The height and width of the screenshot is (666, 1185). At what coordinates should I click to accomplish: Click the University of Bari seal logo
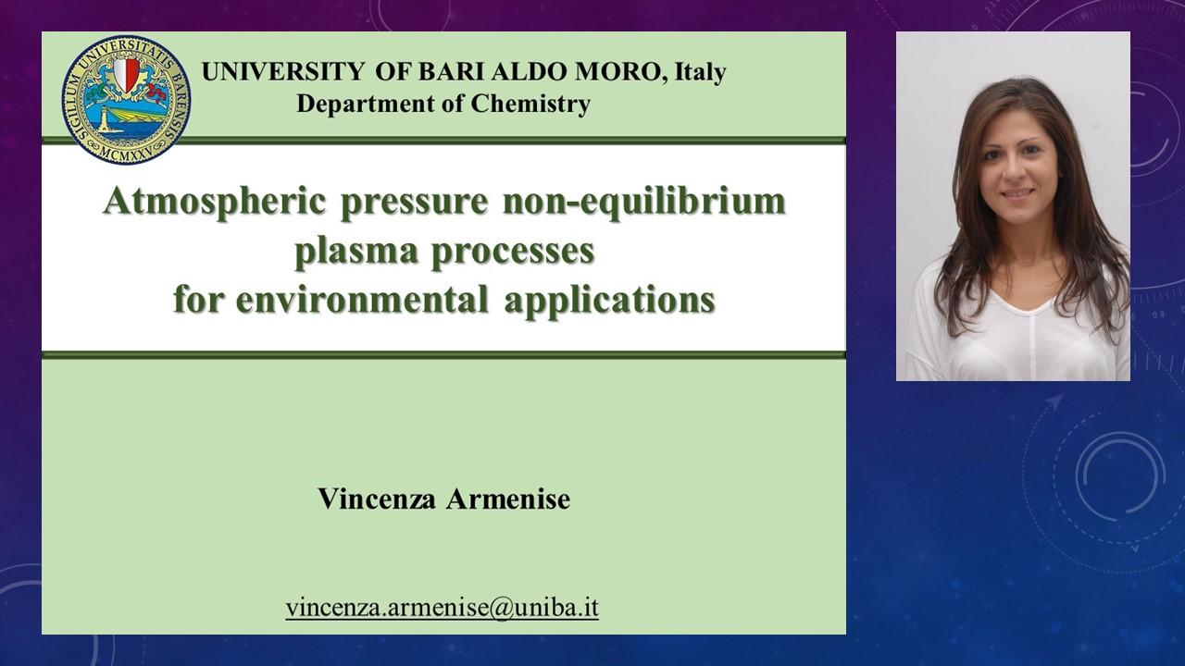126,99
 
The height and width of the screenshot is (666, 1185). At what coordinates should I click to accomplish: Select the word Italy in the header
700,73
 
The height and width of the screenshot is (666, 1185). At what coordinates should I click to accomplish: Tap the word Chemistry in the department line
530,105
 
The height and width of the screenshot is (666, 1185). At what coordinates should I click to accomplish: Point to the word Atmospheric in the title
214,203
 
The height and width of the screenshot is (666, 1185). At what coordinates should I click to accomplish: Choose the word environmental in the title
362,301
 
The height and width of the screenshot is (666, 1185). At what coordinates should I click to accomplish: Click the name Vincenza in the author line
377,499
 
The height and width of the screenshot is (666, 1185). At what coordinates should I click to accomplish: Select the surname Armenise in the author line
508,499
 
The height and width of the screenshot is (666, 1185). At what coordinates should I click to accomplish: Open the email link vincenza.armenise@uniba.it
443,608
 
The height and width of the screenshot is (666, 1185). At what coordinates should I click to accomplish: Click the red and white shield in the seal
126,73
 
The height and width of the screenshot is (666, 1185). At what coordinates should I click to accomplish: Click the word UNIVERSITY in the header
283,72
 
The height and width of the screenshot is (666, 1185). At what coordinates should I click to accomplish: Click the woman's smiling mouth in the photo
1017,193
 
